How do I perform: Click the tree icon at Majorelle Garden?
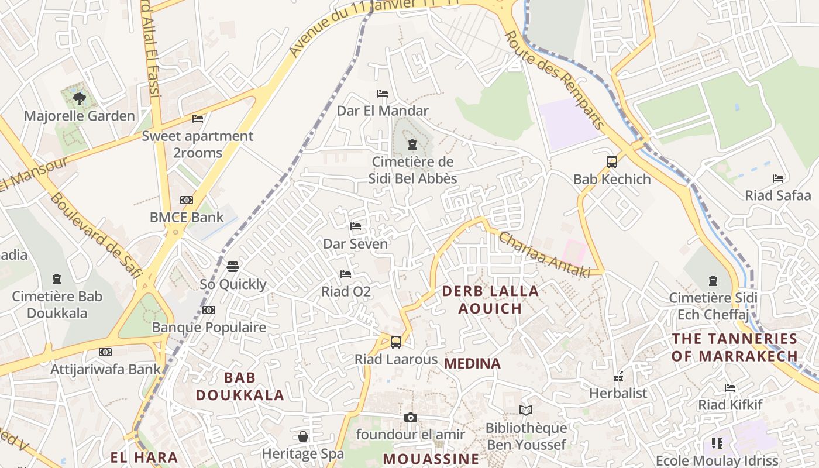click(x=79, y=98)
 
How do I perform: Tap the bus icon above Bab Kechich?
click(x=611, y=162)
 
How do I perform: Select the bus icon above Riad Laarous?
click(x=396, y=342)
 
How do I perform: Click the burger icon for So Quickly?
click(x=233, y=267)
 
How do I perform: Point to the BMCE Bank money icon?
click(x=187, y=200)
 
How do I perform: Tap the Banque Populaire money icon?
click(x=209, y=310)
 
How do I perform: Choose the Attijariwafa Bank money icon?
click(x=105, y=352)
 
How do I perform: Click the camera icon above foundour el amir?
click(x=411, y=417)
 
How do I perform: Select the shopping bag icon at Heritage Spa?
click(x=303, y=436)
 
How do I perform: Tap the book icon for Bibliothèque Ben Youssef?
click(x=526, y=411)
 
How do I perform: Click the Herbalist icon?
click(x=618, y=377)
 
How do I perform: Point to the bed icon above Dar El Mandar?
click(x=383, y=94)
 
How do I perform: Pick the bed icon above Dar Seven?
click(x=356, y=226)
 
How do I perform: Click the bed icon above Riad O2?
click(x=346, y=274)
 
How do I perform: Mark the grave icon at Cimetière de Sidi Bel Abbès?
click(x=412, y=144)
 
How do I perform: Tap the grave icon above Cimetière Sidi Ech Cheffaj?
click(x=713, y=281)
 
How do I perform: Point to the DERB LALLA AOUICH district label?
click(x=490, y=300)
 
